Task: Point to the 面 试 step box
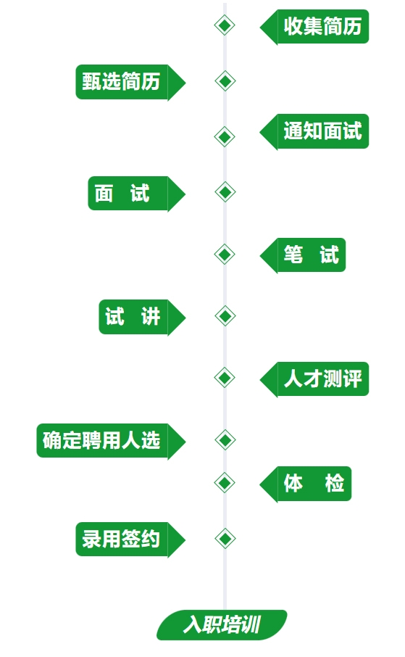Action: pos(136,194)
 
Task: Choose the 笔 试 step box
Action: pos(303,255)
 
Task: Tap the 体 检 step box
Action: pos(306,484)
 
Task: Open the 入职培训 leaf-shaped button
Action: pos(222,625)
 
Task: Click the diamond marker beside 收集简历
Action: pos(225,25)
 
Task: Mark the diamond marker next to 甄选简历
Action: pos(225,81)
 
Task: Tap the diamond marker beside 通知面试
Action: pos(225,136)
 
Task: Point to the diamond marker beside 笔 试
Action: pos(225,254)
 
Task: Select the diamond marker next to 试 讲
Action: pos(225,316)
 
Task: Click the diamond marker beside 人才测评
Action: pos(225,378)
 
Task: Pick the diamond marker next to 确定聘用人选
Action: pos(225,439)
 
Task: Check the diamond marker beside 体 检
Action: pos(225,483)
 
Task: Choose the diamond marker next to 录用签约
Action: pos(225,538)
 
